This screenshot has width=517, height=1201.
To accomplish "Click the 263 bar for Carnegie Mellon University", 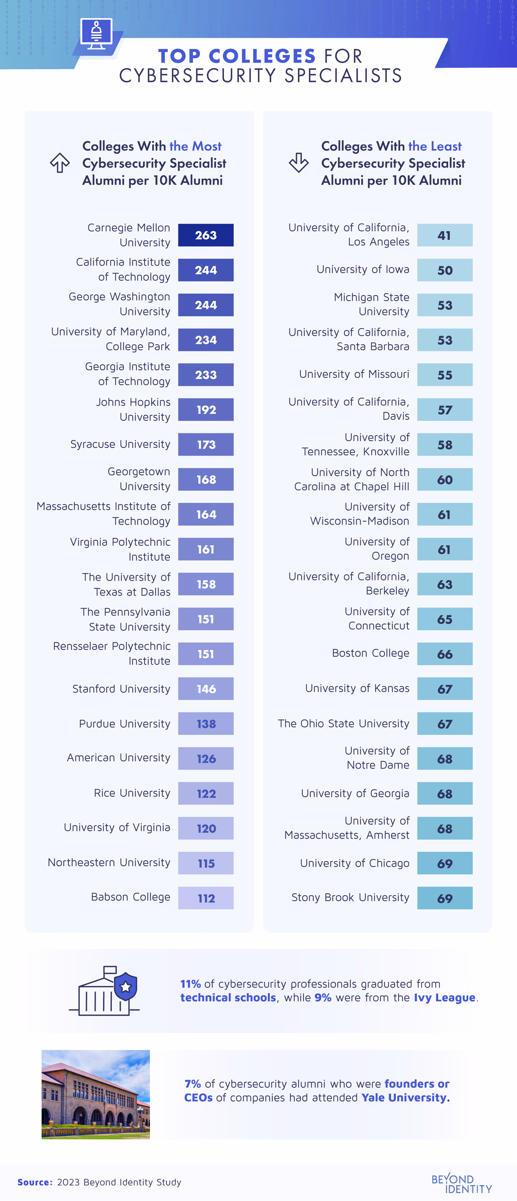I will [x=206, y=235].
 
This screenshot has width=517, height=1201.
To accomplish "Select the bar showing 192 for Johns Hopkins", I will [x=206, y=410].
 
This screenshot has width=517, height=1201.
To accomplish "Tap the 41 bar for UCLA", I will [x=444, y=235].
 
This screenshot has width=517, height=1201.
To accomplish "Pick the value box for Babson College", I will [x=206, y=898].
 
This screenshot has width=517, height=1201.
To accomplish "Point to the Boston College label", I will [x=371, y=653].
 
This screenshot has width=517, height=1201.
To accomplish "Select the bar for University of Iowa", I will [x=444, y=270].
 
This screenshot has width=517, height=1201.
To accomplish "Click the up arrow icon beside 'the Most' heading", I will [x=60, y=163].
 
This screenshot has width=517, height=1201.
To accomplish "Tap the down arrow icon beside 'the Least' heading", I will [x=298, y=163].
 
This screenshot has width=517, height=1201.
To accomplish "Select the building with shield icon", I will [x=105, y=990].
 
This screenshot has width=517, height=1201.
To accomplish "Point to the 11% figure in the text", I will [x=190, y=984].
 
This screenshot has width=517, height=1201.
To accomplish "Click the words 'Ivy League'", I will [x=444, y=997].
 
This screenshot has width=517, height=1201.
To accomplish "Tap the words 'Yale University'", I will [x=404, y=1098].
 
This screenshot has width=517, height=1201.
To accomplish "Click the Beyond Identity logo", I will [x=461, y=1183].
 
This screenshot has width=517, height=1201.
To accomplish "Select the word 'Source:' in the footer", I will [x=35, y=1182].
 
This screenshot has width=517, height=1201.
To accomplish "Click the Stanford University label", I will [x=121, y=689].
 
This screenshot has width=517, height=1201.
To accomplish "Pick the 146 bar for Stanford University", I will [x=206, y=689].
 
